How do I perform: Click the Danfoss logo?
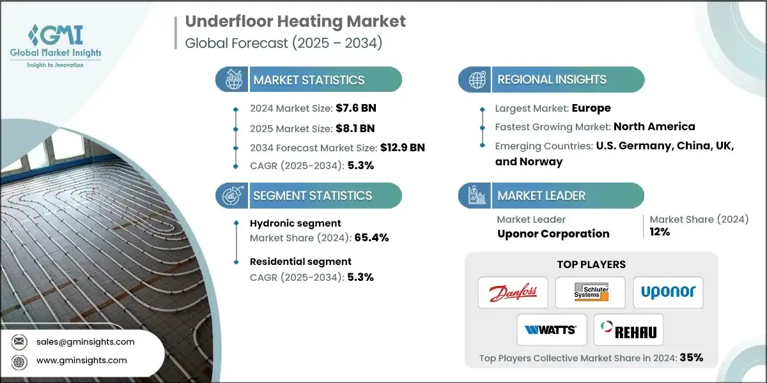(x=513, y=293)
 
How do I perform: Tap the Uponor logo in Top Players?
(x=668, y=293)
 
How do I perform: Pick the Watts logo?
(x=551, y=330)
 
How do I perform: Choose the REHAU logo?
(x=629, y=330)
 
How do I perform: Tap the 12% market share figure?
(x=660, y=232)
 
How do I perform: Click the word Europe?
(x=591, y=108)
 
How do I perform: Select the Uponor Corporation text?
(x=553, y=234)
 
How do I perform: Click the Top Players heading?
(x=591, y=264)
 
